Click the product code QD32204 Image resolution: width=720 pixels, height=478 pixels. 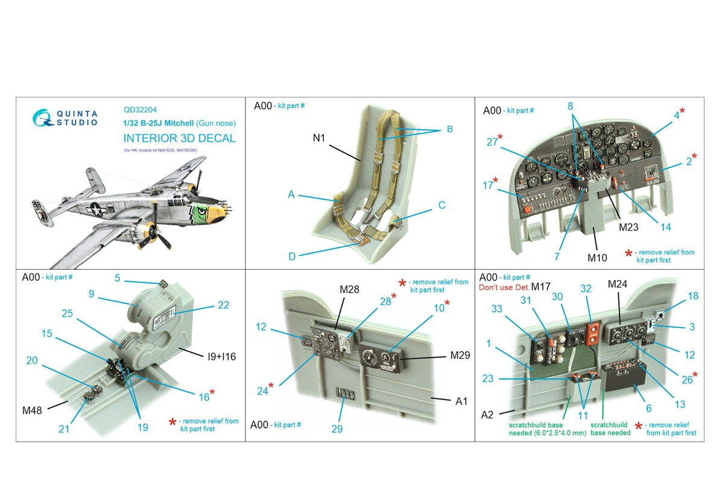click(140, 110)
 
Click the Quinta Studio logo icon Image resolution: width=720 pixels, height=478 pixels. click(42, 118)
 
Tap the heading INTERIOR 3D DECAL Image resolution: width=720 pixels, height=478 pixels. click(180, 138)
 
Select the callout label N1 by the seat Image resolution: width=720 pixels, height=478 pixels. click(318, 138)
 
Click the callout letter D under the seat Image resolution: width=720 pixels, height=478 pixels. click(292, 257)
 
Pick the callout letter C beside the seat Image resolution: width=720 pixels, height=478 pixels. click(442, 205)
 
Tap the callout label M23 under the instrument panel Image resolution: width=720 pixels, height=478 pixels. click(628, 227)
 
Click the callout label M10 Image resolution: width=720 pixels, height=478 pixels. click(598, 258)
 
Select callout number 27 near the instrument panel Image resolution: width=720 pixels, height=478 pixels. click(492, 142)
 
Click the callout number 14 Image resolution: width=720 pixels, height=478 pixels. click(666, 227)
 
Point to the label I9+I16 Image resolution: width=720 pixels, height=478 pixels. click(222, 356)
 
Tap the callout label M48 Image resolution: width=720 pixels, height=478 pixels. click(32, 410)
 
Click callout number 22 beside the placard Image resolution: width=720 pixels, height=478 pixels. click(224, 305)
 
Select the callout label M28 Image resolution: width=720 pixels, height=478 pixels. click(349, 290)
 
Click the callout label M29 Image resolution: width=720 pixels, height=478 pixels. click(460, 355)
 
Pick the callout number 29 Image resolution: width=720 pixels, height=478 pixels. click(337, 429)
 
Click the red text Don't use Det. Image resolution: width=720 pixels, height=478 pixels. click(504, 287)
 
